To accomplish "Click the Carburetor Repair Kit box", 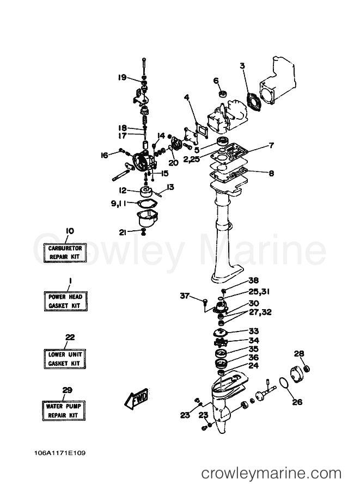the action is [65, 253].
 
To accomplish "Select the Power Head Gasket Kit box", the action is [65, 301].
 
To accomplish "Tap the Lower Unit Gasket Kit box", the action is [65, 359].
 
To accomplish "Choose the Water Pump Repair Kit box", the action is [64, 411].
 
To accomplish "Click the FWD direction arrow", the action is [136, 398].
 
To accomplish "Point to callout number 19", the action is [123, 77].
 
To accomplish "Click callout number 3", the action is [242, 66].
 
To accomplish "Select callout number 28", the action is [299, 353].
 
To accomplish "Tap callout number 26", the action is [297, 402].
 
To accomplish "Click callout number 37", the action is [185, 296].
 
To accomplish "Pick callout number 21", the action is [123, 232].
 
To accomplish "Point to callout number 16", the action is [105, 155].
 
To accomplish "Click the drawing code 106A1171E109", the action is [60, 453].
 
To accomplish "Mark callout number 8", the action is [271, 174].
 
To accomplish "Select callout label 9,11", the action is [118, 203].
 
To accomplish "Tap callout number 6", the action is [216, 81].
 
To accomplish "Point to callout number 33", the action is [254, 331].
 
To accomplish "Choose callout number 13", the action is [170, 187].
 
